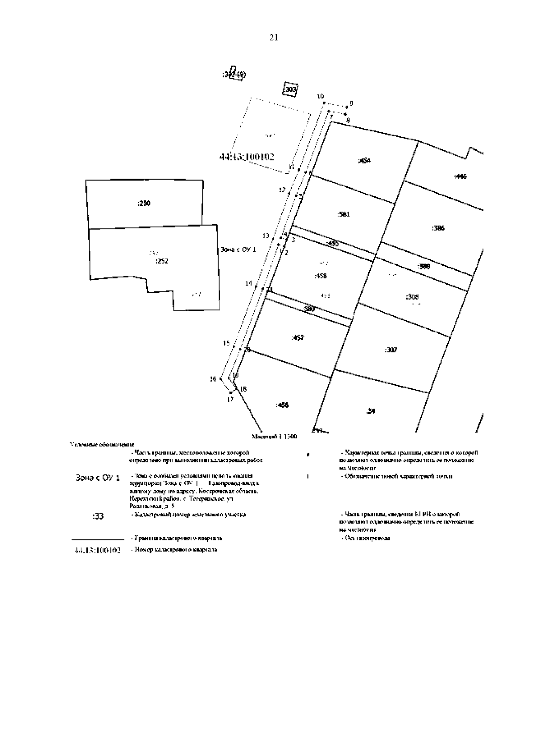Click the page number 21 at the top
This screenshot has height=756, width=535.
coord(274,38)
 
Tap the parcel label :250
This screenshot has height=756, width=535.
coord(144,204)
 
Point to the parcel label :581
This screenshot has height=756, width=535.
coord(343,214)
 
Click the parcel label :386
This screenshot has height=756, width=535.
coord(438,228)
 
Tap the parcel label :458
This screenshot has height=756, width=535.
coord(321,276)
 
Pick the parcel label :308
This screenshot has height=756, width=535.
coord(412,297)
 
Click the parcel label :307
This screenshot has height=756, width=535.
coord(391,350)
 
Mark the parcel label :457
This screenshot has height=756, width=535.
coord(297,338)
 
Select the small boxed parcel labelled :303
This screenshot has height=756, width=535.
coord(290,89)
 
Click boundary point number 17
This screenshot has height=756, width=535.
coord(230,399)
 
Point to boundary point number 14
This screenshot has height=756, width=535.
coord(249,283)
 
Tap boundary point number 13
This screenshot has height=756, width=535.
coord(266,236)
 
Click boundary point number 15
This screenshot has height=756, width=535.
coord(226,343)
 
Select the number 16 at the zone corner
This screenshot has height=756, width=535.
coord(213,379)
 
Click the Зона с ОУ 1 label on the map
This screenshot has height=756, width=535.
coord(239,250)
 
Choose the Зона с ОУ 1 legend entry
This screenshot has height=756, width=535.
coord(98,478)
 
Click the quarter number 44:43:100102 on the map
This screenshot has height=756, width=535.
coord(247,157)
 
